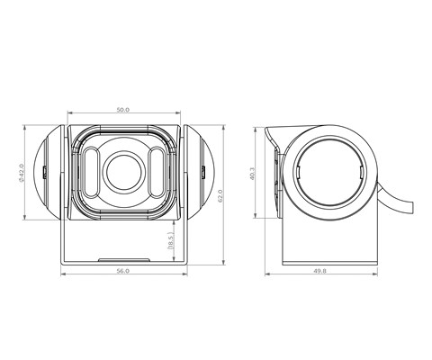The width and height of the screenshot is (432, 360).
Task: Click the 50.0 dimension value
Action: (123, 110)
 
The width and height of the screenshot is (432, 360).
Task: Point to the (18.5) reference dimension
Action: (170, 241)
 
